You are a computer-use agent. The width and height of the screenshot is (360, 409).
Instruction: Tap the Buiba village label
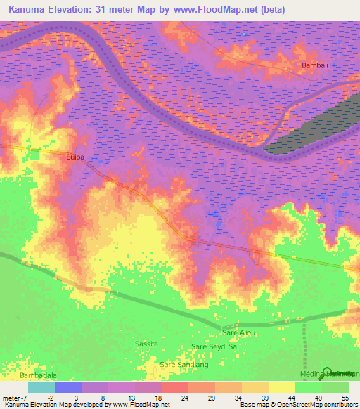[75, 157]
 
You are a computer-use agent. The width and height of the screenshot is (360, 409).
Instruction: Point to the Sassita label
[147, 343]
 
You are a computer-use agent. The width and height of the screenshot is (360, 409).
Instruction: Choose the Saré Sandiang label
[184, 364]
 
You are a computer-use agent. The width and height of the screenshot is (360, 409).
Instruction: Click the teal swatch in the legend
[41, 387]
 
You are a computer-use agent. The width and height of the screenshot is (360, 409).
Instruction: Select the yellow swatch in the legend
[282, 387]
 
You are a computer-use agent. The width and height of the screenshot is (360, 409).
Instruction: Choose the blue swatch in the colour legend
[68, 387]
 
